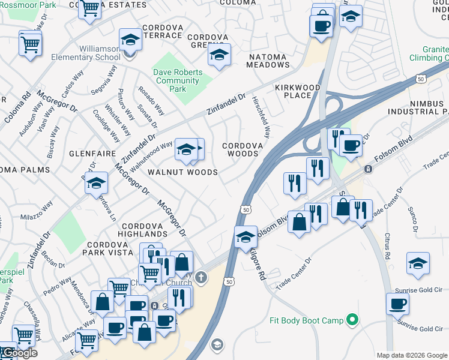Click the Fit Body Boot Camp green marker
[353, 320]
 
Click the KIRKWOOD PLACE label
[298, 91]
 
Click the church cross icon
[201, 278]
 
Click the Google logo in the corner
[19, 353]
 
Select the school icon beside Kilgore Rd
[246, 237]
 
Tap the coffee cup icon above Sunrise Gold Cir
[397, 304]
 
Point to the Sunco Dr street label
[414, 220]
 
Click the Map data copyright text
[411, 355]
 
